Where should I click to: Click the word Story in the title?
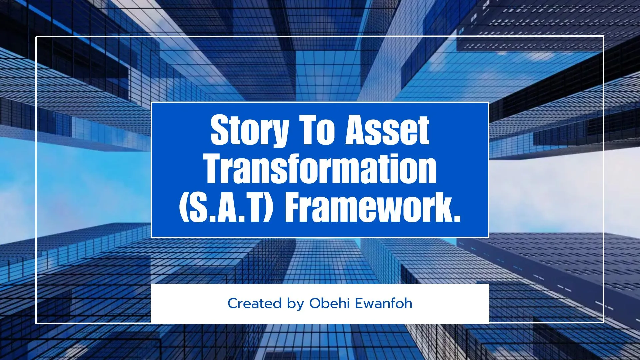(x=250, y=130)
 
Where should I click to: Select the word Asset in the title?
(x=387, y=130)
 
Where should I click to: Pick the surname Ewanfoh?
(x=384, y=303)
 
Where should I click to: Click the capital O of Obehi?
(x=316, y=303)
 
